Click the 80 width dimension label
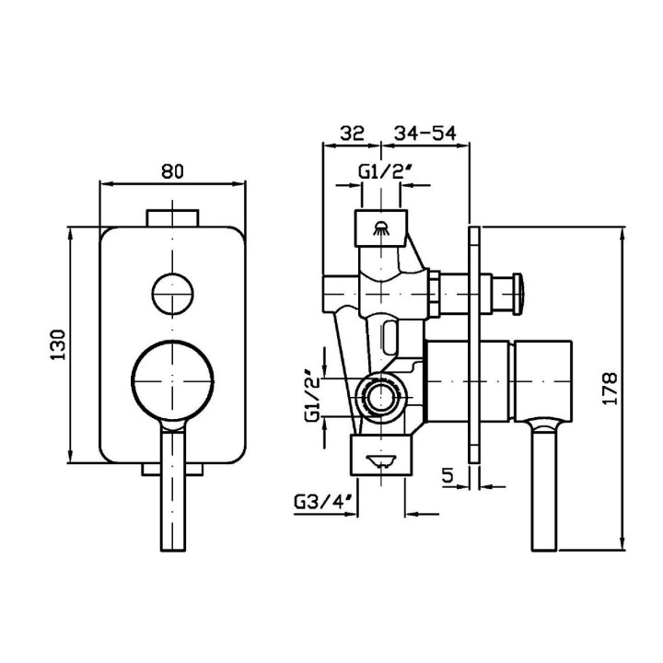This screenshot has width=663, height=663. tap(172, 171)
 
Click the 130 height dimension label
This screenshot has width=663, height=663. tap(58, 344)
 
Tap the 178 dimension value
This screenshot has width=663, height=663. tap(611, 389)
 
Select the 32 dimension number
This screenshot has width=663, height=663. tap(353, 133)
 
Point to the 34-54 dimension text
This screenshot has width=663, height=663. tap(425, 133)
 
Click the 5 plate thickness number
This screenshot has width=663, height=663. tap(448, 475)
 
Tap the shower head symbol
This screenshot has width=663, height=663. tap(381, 228)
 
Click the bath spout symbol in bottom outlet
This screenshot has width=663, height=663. tap(381, 460)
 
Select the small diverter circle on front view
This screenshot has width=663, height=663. tap(172, 294)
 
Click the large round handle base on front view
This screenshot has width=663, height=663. tap(172, 380)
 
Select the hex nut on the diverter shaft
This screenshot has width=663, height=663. tap(435, 294)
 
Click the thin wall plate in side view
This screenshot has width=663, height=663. tap(474, 345)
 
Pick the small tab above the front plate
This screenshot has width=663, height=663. tap(172, 218)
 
